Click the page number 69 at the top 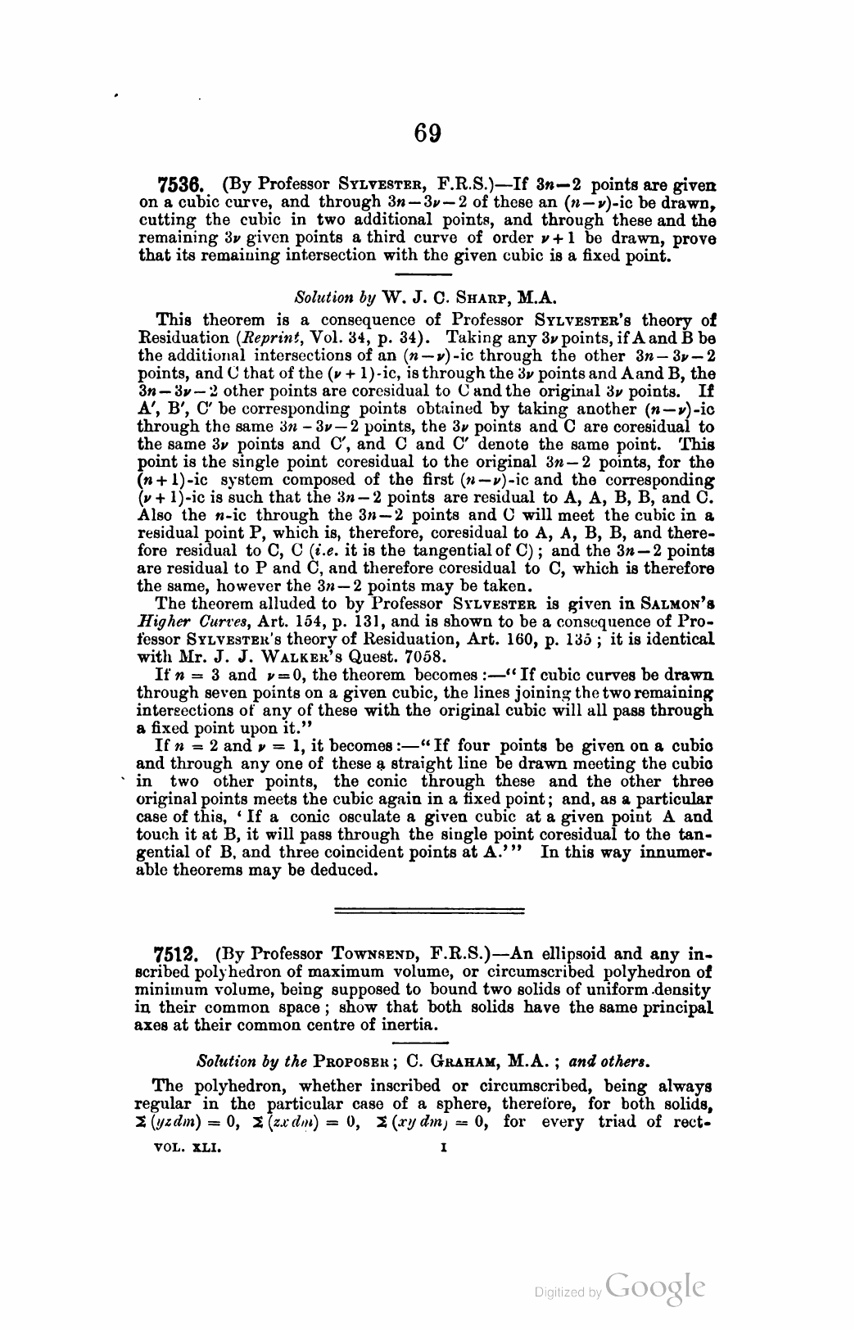click(x=428, y=133)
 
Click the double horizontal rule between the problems click(x=430, y=909)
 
